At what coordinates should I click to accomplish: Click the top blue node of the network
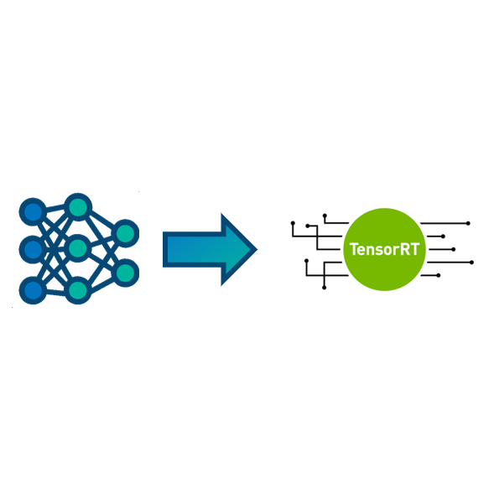tap(33, 211)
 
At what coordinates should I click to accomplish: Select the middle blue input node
tap(33, 249)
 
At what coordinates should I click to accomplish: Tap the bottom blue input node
tap(33, 290)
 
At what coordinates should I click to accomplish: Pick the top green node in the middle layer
tap(78, 206)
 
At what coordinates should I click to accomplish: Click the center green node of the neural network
tap(78, 248)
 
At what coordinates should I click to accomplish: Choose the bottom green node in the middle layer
tap(78, 290)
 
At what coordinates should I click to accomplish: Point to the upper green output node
tap(126, 233)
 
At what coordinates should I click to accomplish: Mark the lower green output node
tap(126, 273)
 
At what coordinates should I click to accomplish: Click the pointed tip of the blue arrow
tap(257, 249)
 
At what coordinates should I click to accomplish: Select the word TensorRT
tap(384, 249)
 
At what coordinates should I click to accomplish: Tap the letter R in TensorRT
tap(405, 249)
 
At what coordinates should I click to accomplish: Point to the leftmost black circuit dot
tap(293, 223)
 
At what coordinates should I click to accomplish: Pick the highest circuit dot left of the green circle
tap(325, 216)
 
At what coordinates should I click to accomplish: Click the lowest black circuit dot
tap(325, 288)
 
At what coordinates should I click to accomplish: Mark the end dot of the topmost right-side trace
tap(468, 223)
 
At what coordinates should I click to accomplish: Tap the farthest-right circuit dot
tap(471, 263)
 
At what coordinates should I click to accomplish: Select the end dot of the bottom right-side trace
tap(439, 275)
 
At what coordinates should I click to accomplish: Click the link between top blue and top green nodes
tap(55, 208)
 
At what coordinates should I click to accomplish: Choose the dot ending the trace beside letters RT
tap(454, 249)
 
